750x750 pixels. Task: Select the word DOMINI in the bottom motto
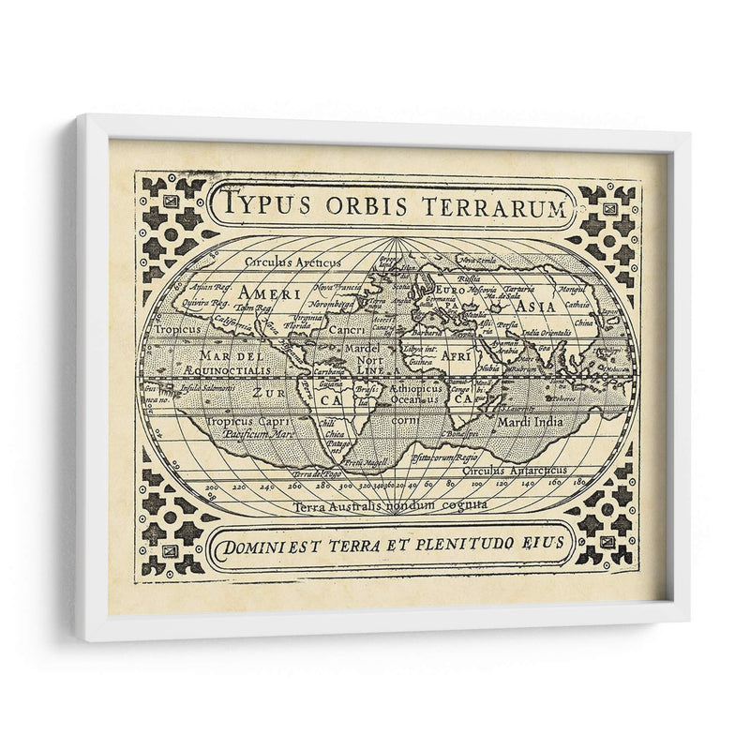(x=251, y=543)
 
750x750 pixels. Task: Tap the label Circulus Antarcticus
(x=531, y=470)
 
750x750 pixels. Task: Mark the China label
(x=583, y=323)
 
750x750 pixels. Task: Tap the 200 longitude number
(x=210, y=487)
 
